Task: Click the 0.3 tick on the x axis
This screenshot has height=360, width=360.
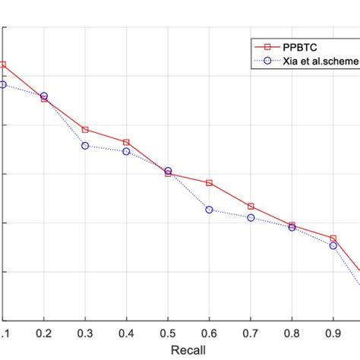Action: click(x=85, y=333)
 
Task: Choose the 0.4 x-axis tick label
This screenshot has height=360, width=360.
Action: click(x=126, y=333)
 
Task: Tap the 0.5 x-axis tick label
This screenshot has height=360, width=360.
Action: click(x=168, y=333)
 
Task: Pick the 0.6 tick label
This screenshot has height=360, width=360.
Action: click(x=209, y=333)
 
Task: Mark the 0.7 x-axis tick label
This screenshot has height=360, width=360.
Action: click(x=251, y=333)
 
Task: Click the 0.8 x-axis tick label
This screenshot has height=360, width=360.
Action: click(x=292, y=333)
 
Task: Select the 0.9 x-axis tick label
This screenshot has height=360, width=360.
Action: click(x=333, y=333)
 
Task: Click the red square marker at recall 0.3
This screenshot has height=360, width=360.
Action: click(x=85, y=130)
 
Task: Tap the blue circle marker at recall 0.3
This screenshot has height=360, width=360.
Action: click(x=85, y=146)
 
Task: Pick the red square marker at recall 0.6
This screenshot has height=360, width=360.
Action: click(x=209, y=183)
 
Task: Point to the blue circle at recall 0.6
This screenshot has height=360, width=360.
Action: click(x=209, y=210)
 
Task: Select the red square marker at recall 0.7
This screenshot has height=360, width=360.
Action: click(x=251, y=207)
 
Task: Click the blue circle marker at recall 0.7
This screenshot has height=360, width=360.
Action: click(x=251, y=218)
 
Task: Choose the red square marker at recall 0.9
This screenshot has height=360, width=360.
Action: click(x=333, y=238)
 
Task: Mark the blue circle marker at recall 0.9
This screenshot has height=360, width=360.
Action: click(x=333, y=245)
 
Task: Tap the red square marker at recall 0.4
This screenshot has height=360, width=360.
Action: click(x=126, y=142)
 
